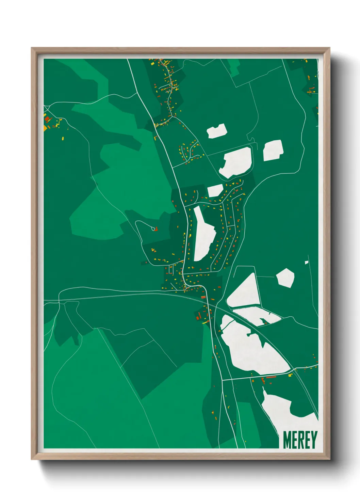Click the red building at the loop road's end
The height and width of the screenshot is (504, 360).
point(156,229)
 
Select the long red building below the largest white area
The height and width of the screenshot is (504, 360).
point(271,377)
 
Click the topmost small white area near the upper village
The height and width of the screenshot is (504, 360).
point(217,131)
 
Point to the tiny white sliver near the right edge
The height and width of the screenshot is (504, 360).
point(306,262)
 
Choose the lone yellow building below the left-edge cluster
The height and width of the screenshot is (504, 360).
point(63,138)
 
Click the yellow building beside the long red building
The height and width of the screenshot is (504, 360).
point(290,375)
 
